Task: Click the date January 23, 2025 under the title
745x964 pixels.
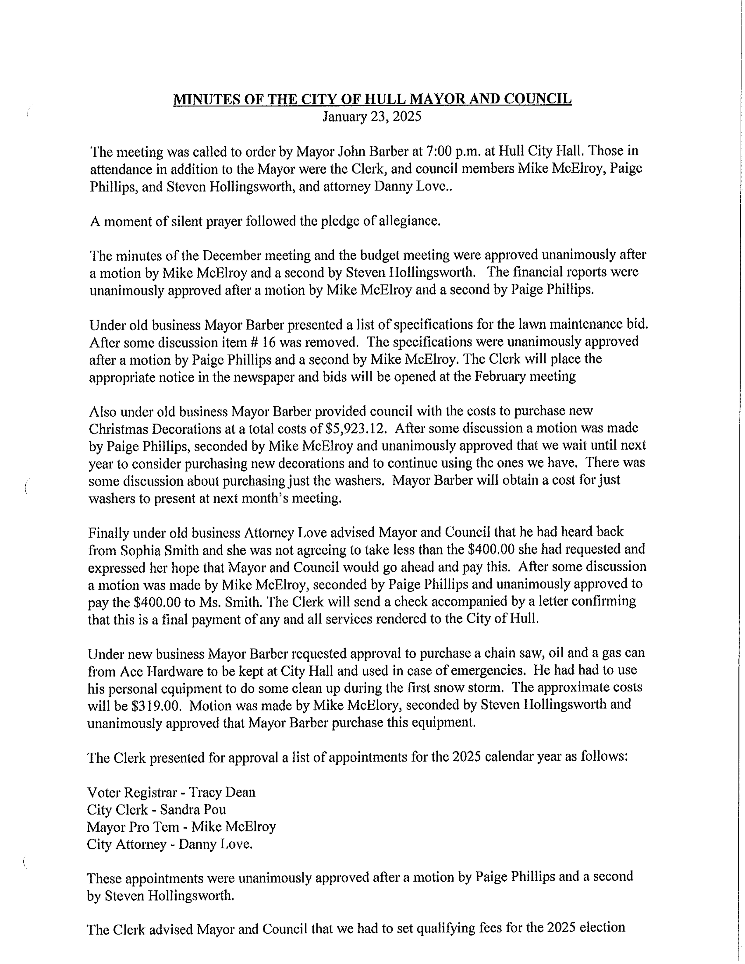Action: pyautogui.click(x=372, y=117)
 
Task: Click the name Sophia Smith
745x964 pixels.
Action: pyautogui.click(x=169, y=549)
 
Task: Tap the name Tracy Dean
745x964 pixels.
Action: pyautogui.click(x=222, y=792)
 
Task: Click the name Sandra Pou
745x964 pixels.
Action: pyautogui.click(x=193, y=809)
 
